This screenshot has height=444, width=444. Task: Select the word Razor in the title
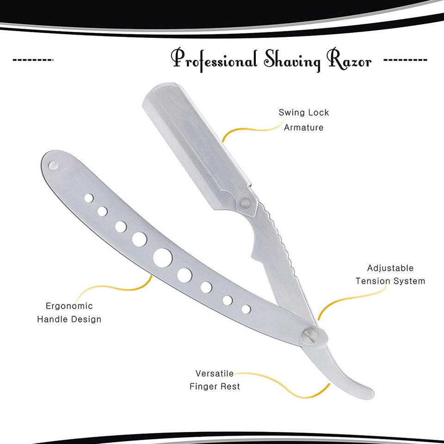tap(350, 61)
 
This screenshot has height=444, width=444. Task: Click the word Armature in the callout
tap(303, 128)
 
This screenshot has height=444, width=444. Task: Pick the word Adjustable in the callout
tap(390, 268)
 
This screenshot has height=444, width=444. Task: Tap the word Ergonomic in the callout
tap(69, 306)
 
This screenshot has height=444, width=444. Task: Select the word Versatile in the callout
tap(214, 373)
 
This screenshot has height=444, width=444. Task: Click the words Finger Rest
tap(215, 386)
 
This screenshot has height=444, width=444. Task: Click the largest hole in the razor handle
tap(163, 258)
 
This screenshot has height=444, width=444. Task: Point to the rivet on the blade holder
tap(246, 202)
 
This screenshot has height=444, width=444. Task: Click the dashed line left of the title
tap(33, 61)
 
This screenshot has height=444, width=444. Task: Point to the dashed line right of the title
tap(405, 61)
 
